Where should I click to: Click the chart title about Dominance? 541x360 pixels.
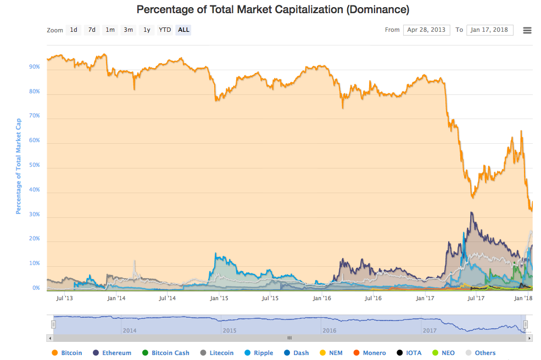(x=272, y=9)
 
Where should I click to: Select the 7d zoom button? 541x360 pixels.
(x=92, y=30)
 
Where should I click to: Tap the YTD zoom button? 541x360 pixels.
(x=164, y=30)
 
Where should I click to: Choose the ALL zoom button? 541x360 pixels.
(x=183, y=30)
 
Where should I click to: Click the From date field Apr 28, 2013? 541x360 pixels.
(x=426, y=30)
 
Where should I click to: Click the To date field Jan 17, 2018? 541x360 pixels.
(x=489, y=30)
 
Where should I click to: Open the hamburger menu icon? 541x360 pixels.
(x=527, y=30)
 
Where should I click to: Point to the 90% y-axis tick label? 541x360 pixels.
(x=34, y=67)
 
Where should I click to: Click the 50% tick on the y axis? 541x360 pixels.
(x=34, y=165)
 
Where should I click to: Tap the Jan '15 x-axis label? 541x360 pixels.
(x=219, y=299)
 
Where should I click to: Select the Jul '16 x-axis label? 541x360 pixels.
(x=373, y=299)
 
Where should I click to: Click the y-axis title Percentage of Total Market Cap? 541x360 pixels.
(x=18, y=166)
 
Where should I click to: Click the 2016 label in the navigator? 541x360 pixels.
(x=330, y=331)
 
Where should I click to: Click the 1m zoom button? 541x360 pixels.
(x=110, y=30)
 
